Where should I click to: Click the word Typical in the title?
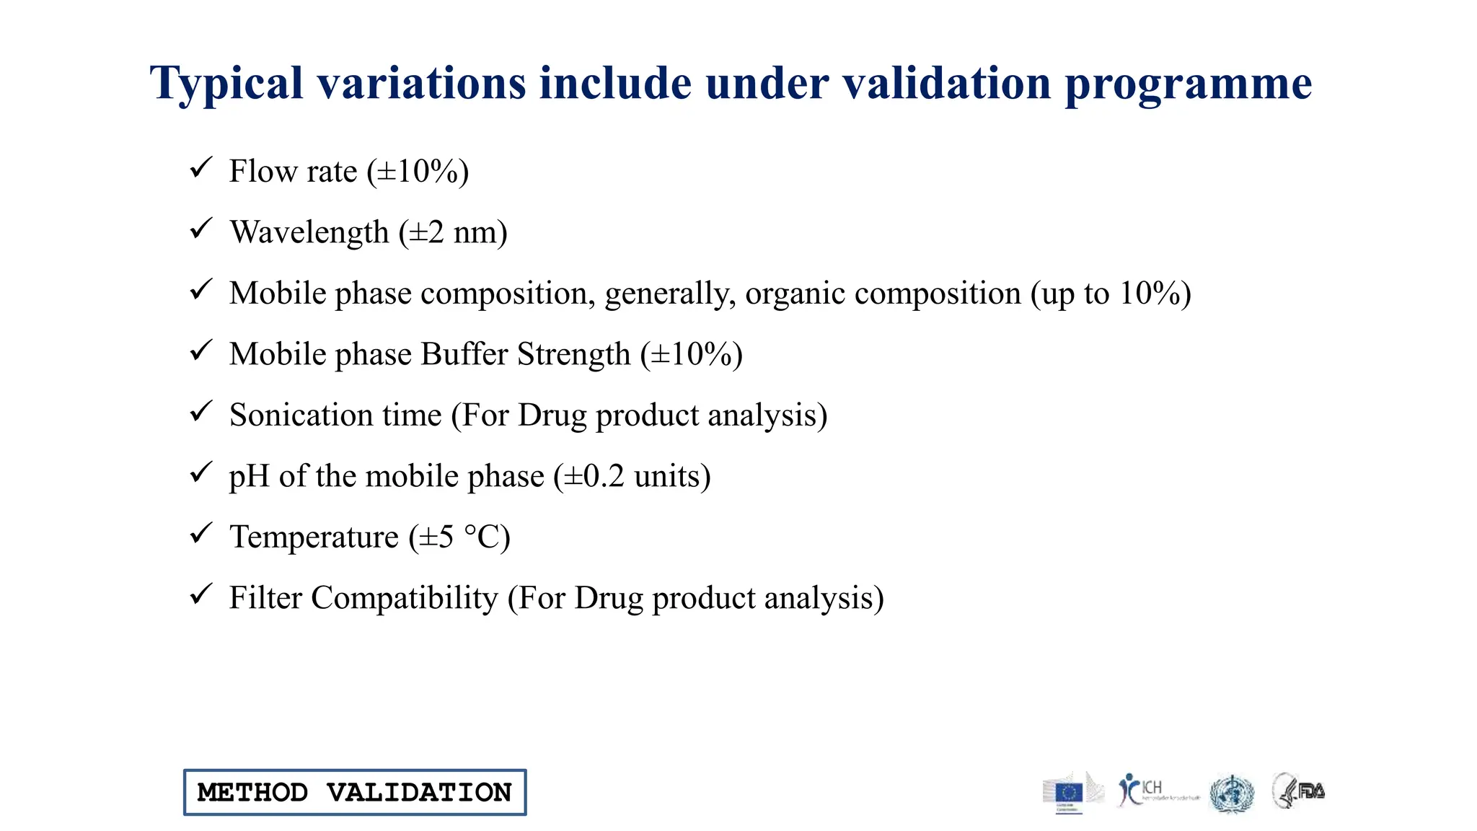coord(226,84)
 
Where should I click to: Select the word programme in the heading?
coord(1188,84)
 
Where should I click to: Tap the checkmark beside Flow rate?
coord(200,168)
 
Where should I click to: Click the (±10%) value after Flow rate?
coord(418,172)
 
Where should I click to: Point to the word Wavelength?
coord(309,232)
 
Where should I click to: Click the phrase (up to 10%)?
coord(1111,294)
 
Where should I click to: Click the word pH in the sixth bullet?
coord(249,477)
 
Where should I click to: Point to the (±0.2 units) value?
coord(632,476)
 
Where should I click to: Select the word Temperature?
coord(314,537)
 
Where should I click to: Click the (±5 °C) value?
coord(459,537)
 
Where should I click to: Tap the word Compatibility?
coord(404,598)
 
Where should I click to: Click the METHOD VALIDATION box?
coord(355,792)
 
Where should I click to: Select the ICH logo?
coord(1152,791)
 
